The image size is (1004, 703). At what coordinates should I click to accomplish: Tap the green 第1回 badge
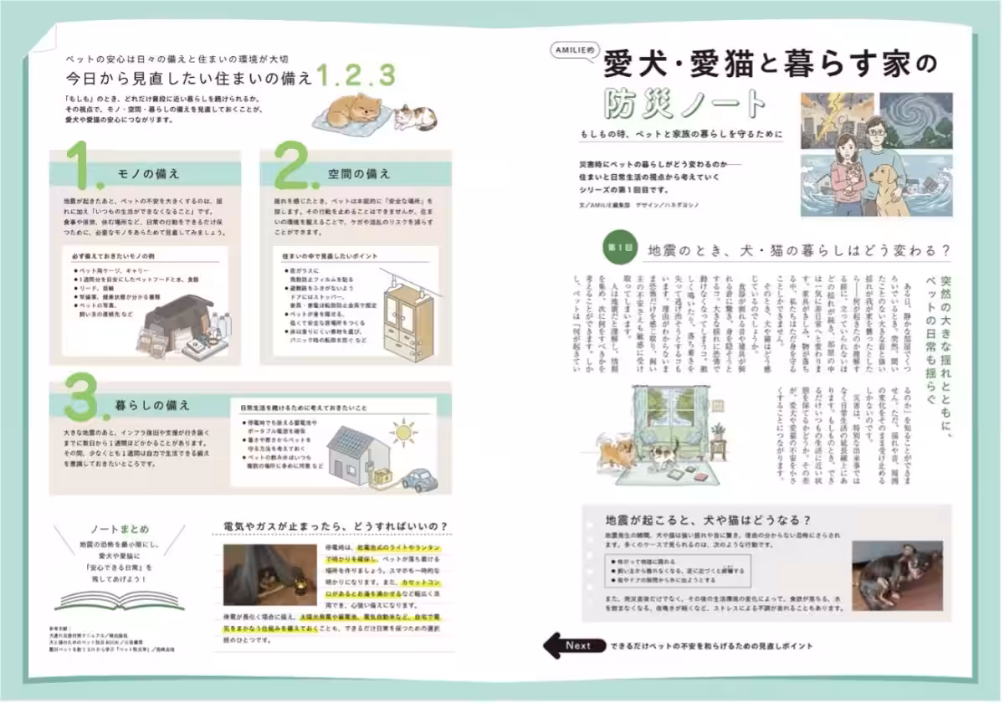pos(621,249)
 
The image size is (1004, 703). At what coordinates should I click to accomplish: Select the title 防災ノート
pos(687,103)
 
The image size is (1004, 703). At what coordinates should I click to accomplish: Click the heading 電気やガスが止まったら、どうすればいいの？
pos(336,526)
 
